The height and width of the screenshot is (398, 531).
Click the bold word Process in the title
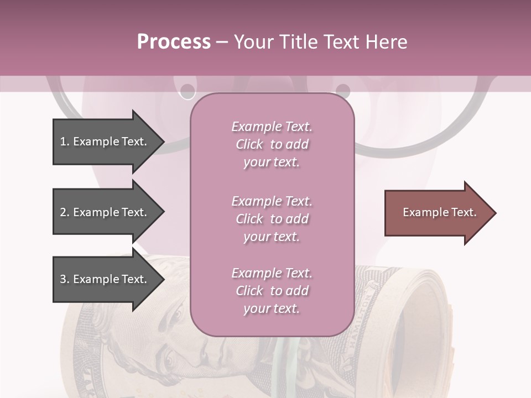(174, 42)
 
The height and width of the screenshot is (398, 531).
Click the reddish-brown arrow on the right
(440, 213)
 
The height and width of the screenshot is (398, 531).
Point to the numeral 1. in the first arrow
(65, 142)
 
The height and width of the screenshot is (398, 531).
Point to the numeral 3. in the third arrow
(65, 279)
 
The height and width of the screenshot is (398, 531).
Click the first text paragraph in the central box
(272, 144)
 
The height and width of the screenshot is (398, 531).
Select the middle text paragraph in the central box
(272, 219)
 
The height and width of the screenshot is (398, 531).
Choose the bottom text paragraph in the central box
(272, 291)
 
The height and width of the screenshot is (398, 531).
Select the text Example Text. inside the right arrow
(439, 212)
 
